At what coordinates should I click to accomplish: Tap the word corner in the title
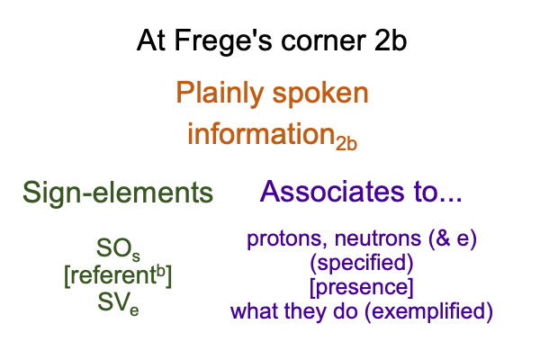click(323, 41)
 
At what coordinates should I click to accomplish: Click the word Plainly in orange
click(220, 93)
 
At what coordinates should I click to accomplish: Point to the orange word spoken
click(320, 94)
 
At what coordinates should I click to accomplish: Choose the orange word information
click(261, 134)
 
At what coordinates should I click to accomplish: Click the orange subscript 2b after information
click(346, 143)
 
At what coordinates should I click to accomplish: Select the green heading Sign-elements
click(118, 193)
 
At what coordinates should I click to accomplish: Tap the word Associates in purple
click(332, 191)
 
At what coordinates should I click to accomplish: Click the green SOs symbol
click(118, 249)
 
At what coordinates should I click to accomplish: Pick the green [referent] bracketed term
click(118, 275)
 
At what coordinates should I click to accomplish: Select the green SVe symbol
click(118, 302)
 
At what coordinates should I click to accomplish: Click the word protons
click(286, 238)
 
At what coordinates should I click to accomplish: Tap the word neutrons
click(378, 238)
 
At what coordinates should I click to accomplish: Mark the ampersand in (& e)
click(443, 238)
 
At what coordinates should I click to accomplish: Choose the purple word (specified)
click(362, 263)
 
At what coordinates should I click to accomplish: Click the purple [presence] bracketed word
click(362, 287)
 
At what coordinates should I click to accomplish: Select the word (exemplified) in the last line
click(428, 311)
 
